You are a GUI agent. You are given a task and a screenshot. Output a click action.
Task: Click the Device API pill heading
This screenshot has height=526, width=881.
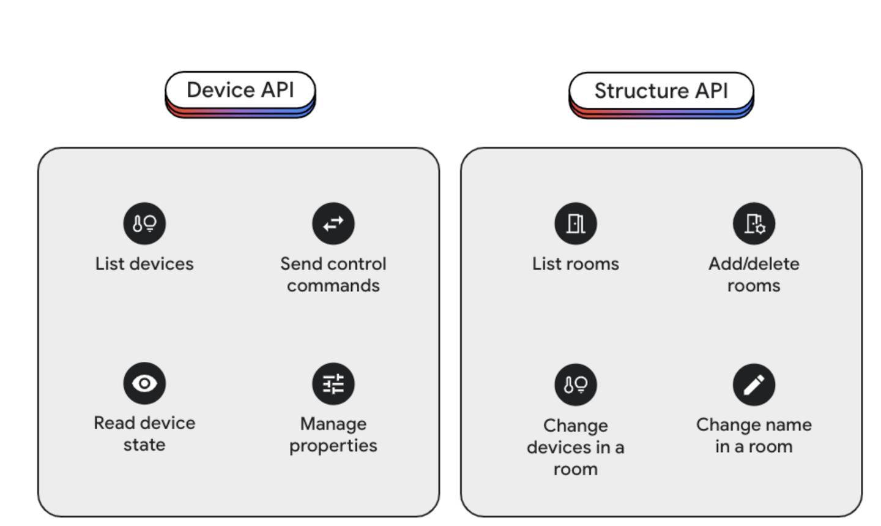coord(240,94)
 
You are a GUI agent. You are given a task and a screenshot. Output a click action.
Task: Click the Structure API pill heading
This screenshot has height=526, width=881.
coord(661,95)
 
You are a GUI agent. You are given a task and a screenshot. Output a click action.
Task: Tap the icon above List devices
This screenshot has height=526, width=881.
coord(144,224)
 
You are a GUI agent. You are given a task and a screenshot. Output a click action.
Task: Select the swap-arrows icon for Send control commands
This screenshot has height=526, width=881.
coord(333,224)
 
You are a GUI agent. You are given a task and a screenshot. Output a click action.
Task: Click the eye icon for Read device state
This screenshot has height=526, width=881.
coord(144,383)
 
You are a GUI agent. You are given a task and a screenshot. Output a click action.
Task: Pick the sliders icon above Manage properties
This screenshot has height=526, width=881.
coord(333,384)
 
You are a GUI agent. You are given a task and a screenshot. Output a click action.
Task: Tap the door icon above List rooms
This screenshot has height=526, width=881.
coord(575,224)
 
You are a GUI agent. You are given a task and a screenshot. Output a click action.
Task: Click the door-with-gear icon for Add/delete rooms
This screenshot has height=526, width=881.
coord(754,224)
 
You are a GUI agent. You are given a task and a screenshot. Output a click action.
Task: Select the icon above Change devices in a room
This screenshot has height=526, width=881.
coord(575,385)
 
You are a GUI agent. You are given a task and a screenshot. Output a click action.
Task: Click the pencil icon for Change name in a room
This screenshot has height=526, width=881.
coord(754,385)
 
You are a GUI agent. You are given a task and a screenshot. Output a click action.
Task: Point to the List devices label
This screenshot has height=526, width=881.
coord(144,264)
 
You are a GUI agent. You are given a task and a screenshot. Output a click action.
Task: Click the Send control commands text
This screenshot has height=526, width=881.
coord(333,274)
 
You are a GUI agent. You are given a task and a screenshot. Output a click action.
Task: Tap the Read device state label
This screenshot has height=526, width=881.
coord(144,434)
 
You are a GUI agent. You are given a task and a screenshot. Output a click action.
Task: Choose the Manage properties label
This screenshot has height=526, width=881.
coord(333,435)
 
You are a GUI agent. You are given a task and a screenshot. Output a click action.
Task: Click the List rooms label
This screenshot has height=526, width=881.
coord(575,264)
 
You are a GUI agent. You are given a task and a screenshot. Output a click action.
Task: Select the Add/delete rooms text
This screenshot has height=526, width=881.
coord(754,274)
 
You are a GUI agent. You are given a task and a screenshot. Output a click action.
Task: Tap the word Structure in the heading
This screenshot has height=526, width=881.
coord(641,91)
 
